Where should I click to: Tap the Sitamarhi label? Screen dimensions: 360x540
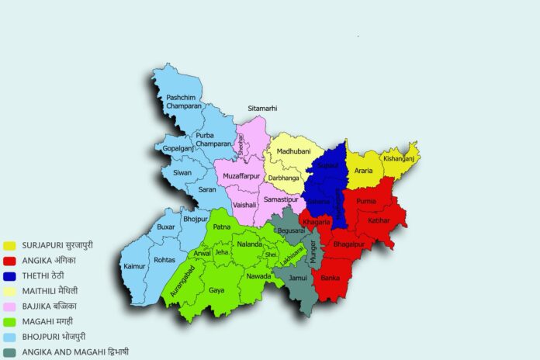tap(262, 109)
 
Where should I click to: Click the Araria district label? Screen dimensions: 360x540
tap(363, 170)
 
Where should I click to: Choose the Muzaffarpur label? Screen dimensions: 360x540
tap(244, 176)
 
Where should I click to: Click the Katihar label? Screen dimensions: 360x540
tap(379, 220)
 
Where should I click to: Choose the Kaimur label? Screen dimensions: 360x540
tap(133, 267)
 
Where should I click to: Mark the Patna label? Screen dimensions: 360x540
tap(222, 227)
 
